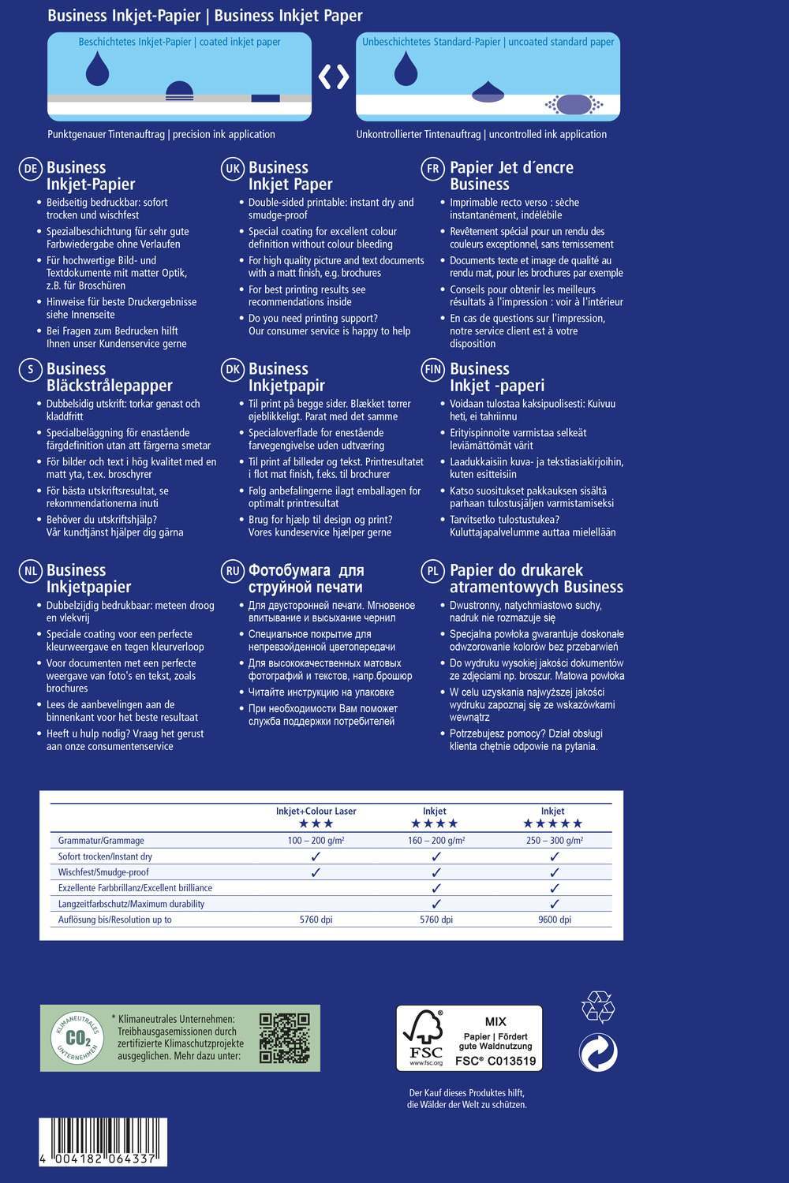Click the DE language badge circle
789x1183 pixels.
30,169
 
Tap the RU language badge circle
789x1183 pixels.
232,572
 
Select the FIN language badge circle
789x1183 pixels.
432,370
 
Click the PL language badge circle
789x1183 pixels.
432,572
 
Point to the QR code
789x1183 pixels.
284,1038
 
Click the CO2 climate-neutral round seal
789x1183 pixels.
77,1037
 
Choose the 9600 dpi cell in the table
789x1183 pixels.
554,920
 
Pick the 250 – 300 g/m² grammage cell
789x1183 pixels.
554,841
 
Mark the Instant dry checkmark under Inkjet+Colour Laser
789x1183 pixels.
316,856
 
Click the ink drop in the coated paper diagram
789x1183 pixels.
97,69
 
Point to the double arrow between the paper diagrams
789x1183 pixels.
334,77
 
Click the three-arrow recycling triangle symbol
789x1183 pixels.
597,1008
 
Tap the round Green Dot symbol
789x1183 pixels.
597,1052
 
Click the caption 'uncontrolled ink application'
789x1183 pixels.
548,134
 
